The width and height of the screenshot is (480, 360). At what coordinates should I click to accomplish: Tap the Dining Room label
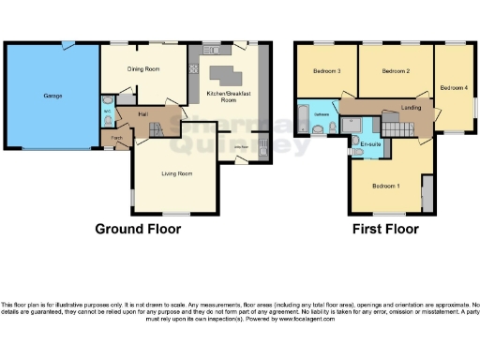tap(143, 68)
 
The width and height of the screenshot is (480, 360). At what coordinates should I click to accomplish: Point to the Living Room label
tap(176, 173)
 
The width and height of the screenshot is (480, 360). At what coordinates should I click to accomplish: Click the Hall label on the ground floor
tap(144, 113)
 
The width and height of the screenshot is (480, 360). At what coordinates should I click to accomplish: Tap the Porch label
tap(117, 138)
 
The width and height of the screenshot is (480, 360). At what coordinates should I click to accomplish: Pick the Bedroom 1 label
tap(385, 186)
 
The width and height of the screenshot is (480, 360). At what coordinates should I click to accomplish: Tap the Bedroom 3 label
tap(326, 71)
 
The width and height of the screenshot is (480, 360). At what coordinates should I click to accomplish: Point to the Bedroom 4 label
tap(454, 88)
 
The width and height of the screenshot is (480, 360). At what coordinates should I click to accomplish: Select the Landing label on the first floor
tap(411, 109)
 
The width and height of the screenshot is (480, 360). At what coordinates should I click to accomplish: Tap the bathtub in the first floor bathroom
tap(302, 118)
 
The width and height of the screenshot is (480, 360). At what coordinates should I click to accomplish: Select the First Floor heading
tap(384, 229)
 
